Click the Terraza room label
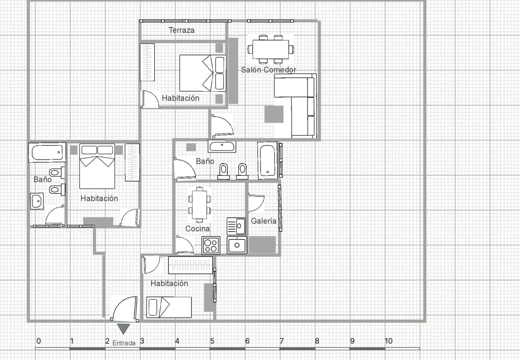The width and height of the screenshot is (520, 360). [182, 30]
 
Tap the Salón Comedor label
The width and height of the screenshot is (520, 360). [268, 70]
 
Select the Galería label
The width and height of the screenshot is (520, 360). [264, 221]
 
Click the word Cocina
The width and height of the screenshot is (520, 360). [197, 229]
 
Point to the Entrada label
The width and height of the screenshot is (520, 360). [124, 343]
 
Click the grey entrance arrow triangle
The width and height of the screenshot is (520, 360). [123, 328]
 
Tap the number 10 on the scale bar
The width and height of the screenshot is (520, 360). [389, 341]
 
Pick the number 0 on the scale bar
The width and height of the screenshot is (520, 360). [39, 341]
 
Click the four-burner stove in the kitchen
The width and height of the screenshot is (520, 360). [211, 246]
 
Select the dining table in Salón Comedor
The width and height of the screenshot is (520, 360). [271, 49]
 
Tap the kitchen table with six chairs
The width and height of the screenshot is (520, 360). [200, 205]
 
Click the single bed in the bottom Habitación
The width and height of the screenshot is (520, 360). [169, 307]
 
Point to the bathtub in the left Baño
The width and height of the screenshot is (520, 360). [47, 153]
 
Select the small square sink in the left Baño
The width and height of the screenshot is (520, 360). [37, 201]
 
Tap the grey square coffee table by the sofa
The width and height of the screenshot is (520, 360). [274, 114]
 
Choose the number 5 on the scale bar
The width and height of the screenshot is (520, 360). [212, 341]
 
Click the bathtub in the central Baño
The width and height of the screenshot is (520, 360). [267, 161]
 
